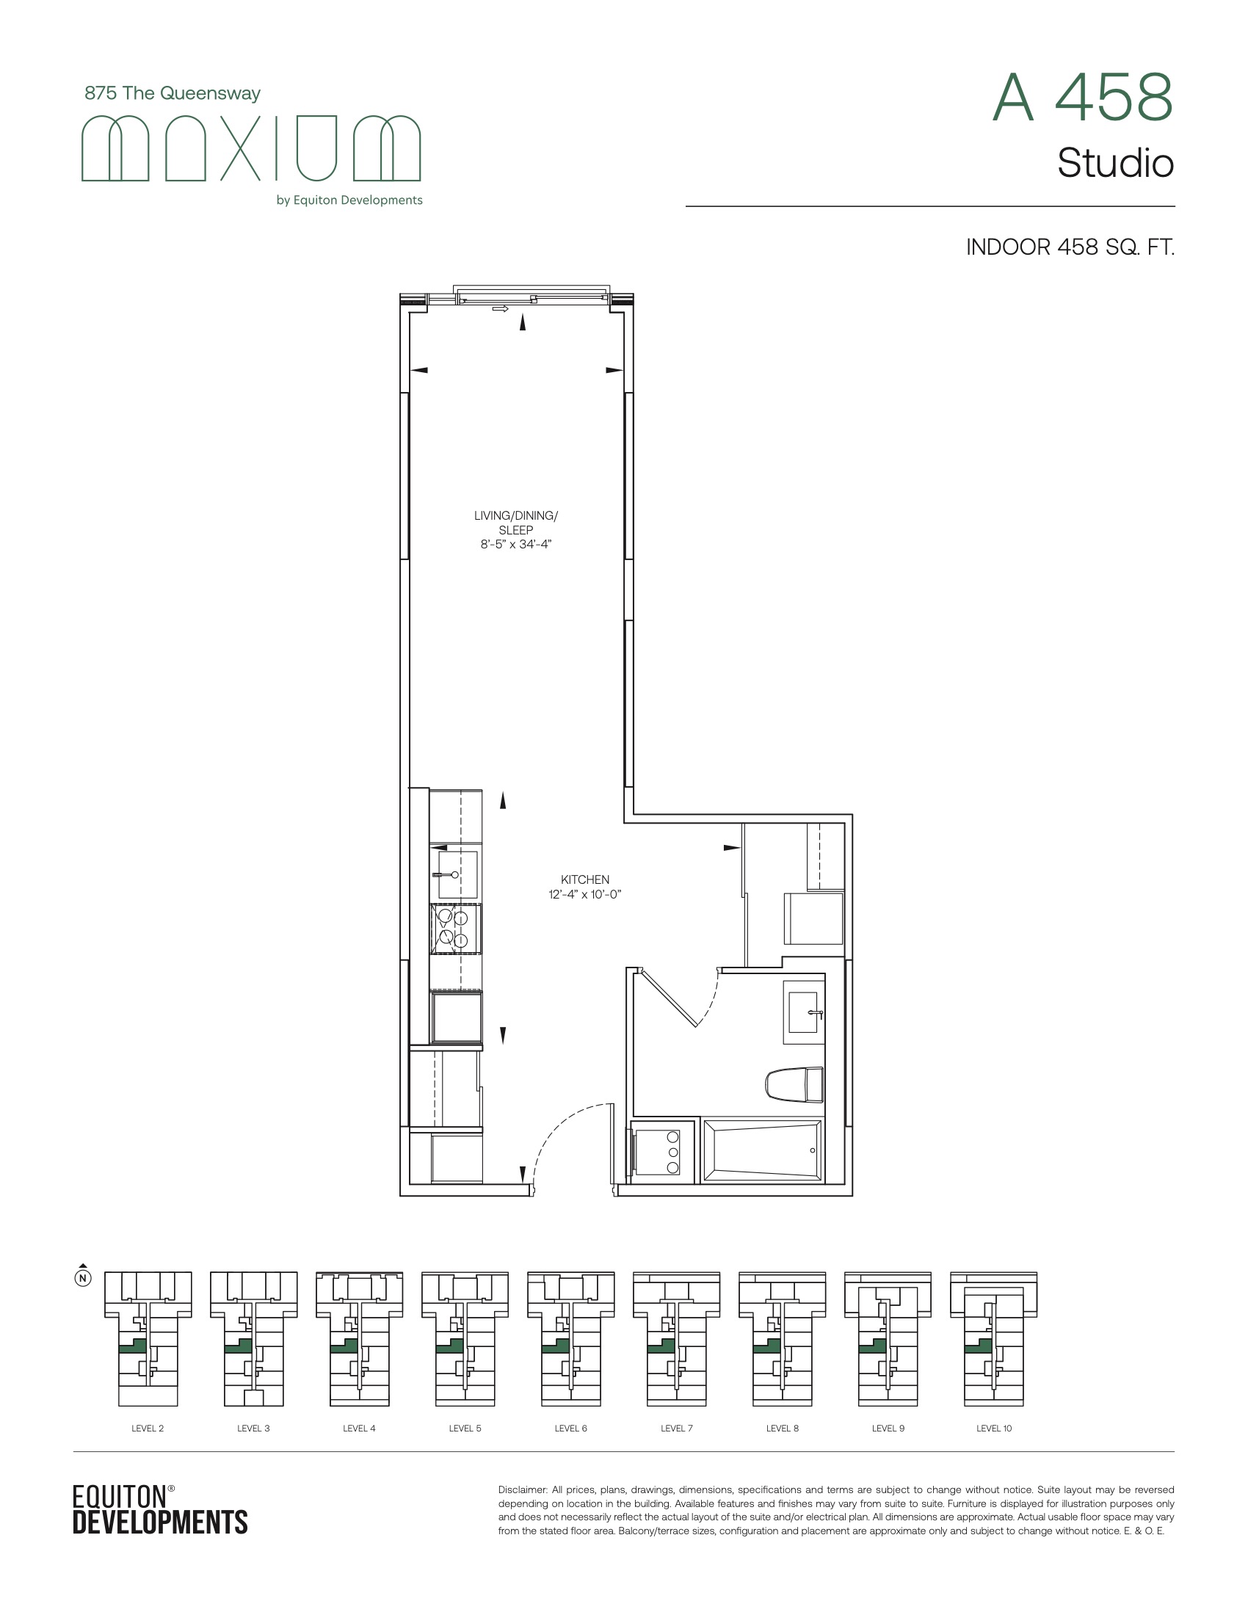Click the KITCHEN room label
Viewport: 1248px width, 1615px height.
coord(585,879)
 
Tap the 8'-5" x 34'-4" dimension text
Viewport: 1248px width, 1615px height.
coord(516,544)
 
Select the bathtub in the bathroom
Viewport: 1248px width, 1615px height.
coord(762,1150)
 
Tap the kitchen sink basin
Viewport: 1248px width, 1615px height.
coord(457,875)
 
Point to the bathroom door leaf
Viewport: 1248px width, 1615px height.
coord(669,998)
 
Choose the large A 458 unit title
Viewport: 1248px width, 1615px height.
coord(1082,98)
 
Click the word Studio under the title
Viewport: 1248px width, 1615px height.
coord(1116,164)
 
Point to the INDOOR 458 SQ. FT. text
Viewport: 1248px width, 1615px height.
coord(1070,247)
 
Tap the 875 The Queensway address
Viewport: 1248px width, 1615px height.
coord(173,93)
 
